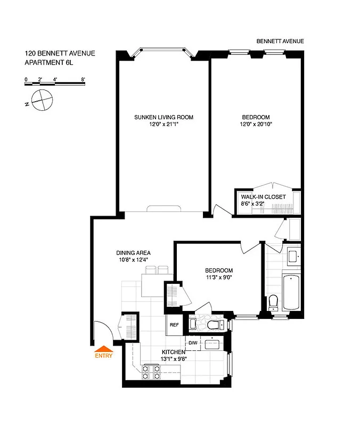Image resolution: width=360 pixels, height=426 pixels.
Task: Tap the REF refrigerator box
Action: coord(174,325)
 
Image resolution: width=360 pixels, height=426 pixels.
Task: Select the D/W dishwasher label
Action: coord(192,342)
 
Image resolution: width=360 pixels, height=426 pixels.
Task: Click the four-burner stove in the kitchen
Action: coord(151,373)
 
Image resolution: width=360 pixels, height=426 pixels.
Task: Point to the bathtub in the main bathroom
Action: coord(291,292)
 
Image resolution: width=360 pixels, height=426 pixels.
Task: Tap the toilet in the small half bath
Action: coord(214,324)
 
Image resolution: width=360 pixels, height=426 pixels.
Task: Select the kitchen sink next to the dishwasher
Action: coord(214,343)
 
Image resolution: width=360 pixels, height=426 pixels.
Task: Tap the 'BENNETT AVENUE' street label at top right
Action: coord(280,41)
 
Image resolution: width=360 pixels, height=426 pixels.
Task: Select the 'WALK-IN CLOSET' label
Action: coord(263,196)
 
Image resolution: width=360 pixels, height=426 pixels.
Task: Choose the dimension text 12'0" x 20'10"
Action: coord(256,124)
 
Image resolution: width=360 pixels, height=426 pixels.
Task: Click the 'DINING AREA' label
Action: coord(133,252)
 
